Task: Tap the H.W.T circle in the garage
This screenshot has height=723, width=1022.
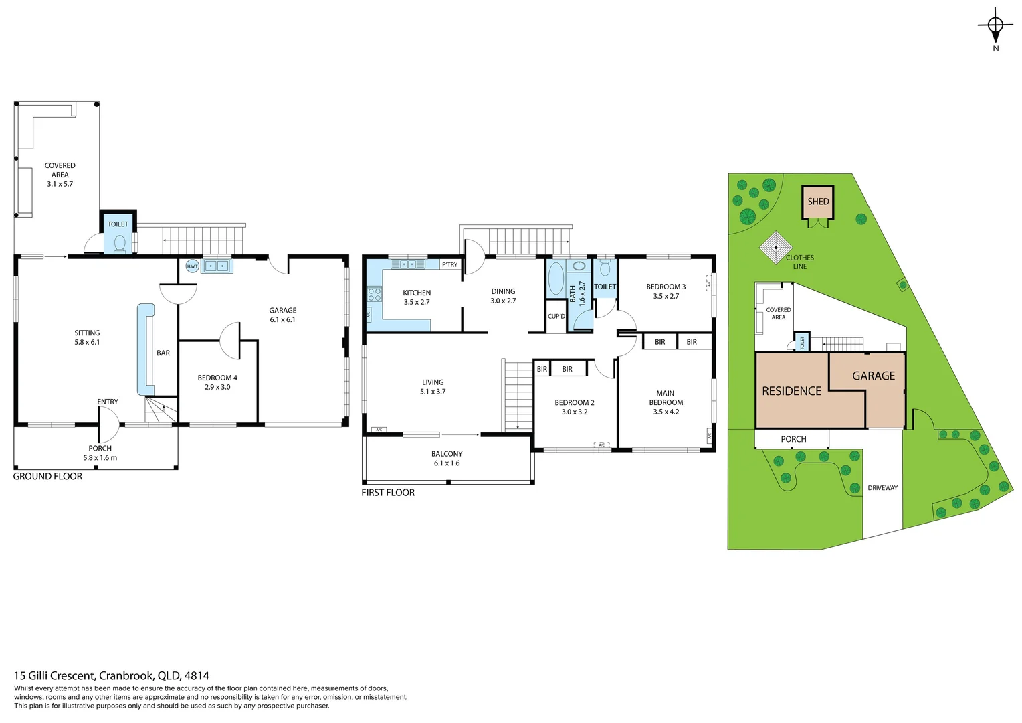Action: (x=192, y=266)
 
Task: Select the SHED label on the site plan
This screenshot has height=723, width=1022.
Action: (x=818, y=202)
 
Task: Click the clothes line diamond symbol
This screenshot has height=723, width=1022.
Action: (x=776, y=248)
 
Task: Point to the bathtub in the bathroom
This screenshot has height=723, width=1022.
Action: (x=556, y=278)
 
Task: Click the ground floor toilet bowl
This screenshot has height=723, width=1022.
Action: (x=120, y=243)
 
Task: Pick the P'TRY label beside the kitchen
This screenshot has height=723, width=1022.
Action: (x=449, y=265)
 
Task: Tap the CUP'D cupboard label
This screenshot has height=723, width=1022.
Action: (x=556, y=317)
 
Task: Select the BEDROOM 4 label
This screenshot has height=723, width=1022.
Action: (x=217, y=378)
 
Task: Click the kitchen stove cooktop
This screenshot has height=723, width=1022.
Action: (x=374, y=296)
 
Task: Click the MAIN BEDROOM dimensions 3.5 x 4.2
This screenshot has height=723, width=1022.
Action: (x=666, y=412)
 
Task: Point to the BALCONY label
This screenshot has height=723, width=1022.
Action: (x=447, y=454)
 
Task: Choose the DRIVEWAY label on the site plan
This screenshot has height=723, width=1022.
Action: (x=882, y=488)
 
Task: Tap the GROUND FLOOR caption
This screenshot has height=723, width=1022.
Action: (x=47, y=477)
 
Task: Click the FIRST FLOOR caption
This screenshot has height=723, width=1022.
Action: (x=388, y=493)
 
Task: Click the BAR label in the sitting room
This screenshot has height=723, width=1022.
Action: (x=163, y=353)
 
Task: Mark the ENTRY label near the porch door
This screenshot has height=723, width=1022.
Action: (x=108, y=402)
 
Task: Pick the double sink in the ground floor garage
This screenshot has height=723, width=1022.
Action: (x=217, y=266)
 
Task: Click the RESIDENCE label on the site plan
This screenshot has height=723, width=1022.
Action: (x=791, y=391)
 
